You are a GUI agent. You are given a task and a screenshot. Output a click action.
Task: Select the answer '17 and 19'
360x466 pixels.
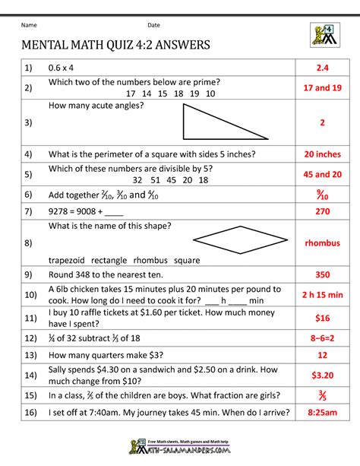[322, 87]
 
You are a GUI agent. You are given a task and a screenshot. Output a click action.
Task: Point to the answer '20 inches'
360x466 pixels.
[322, 154]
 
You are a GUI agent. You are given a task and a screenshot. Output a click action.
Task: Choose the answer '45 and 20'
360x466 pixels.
[322, 173]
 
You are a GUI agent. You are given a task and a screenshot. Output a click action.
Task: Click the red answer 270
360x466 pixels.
[322, 211]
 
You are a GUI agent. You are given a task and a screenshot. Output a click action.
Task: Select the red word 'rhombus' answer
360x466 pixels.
[322, 243]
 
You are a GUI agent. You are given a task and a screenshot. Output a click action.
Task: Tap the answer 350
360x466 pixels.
[322, 275]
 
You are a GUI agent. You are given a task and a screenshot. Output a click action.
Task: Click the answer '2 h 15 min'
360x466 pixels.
[322, 294]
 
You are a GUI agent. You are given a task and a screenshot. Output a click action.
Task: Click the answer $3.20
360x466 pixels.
[322, 375]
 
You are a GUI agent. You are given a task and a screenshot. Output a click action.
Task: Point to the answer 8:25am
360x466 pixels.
[322, 415]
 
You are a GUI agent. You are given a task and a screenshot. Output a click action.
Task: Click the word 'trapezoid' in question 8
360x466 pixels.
[71, 260]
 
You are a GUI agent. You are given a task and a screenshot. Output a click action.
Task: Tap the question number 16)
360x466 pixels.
[30, 415]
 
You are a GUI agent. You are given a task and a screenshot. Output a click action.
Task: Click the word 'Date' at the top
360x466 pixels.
[153, 25]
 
